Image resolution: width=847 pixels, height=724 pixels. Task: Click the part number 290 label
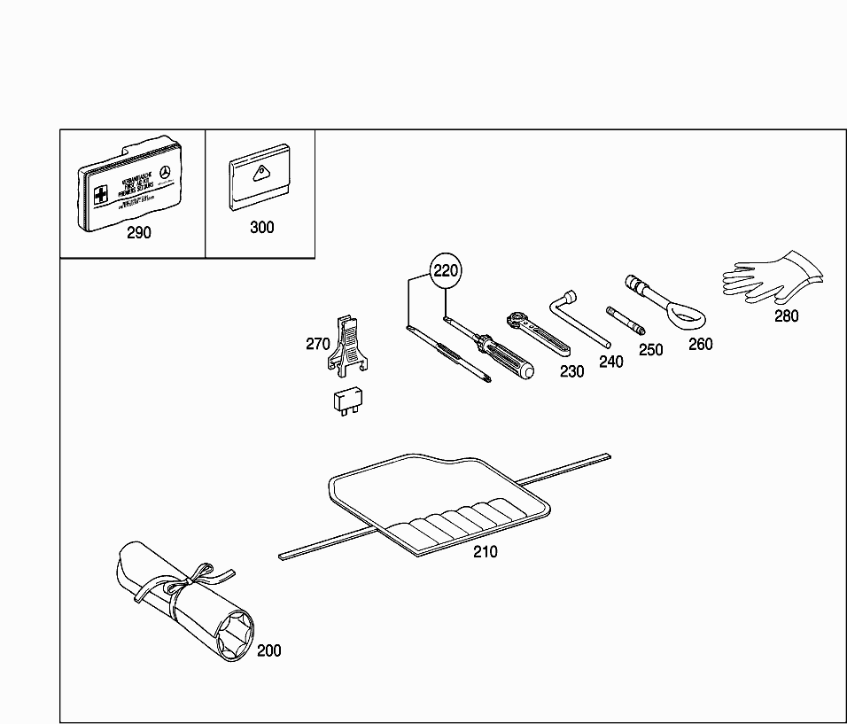point(139,233)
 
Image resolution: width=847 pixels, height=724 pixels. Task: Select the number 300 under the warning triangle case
point(261,227)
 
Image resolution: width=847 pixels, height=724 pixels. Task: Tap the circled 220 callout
point(446,271)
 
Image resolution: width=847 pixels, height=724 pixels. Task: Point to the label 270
point(318,344)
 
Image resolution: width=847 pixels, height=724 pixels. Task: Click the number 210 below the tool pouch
point(485,551)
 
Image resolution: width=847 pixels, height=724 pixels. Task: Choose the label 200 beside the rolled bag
point(268,650)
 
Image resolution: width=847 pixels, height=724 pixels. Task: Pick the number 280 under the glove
point(786,315)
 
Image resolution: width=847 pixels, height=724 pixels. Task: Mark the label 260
point(700,344)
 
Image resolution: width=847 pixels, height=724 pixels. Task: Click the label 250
point(650,350)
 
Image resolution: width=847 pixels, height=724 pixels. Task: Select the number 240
point(610,361)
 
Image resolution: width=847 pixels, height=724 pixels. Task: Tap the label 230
point(571,372)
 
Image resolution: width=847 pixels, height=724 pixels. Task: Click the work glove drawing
point(771,276)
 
